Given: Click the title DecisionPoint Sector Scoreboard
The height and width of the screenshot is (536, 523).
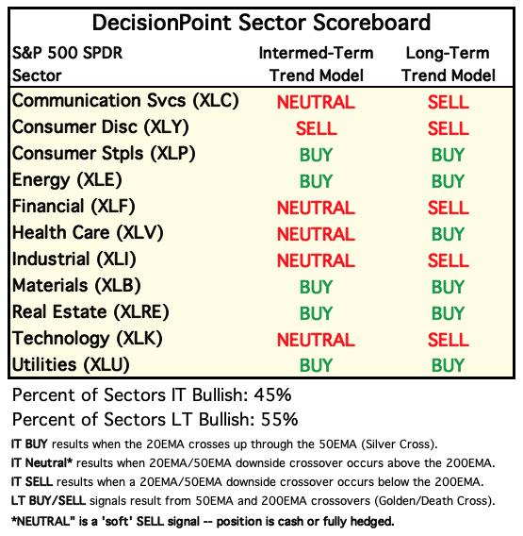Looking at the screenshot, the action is tap(261, 23).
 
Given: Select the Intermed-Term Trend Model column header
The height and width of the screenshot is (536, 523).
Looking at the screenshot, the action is tap(316, 64).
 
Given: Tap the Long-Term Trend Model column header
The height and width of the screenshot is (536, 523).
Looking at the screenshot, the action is tap(448, 64).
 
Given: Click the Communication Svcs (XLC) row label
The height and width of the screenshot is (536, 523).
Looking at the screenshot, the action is tap(125, 101).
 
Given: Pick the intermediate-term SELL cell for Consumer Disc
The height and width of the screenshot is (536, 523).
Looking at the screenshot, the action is tap(316, 128).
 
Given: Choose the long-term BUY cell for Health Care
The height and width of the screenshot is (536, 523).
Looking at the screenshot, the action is tap(448, 234).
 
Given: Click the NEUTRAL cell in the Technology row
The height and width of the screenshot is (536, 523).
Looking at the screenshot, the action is tap(316, 340).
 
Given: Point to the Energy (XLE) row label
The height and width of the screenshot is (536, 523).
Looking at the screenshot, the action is tap(67, 180).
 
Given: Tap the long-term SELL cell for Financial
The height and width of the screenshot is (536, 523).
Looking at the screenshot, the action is tap(448, 208).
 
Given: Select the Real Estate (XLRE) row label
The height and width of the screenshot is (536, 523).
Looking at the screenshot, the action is tap(90, 312).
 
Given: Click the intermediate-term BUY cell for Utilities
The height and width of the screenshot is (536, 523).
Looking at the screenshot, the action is tap(316, 365).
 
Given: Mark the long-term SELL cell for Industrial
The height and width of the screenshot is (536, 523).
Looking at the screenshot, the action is tap(448, 260).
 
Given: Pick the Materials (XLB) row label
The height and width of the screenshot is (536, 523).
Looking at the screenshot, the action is tap(76, 286).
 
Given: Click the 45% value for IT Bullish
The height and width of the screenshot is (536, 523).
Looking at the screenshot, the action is tap(272, 395).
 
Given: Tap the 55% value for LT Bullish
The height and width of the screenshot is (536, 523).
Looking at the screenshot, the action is tap(279, 419).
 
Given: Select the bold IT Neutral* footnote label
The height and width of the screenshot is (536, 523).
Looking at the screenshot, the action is tap(41, 462).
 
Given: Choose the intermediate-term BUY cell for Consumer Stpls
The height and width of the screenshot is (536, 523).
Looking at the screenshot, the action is tap(316, 155).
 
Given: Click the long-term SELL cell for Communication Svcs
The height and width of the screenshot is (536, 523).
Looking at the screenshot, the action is tap(448, 102).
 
